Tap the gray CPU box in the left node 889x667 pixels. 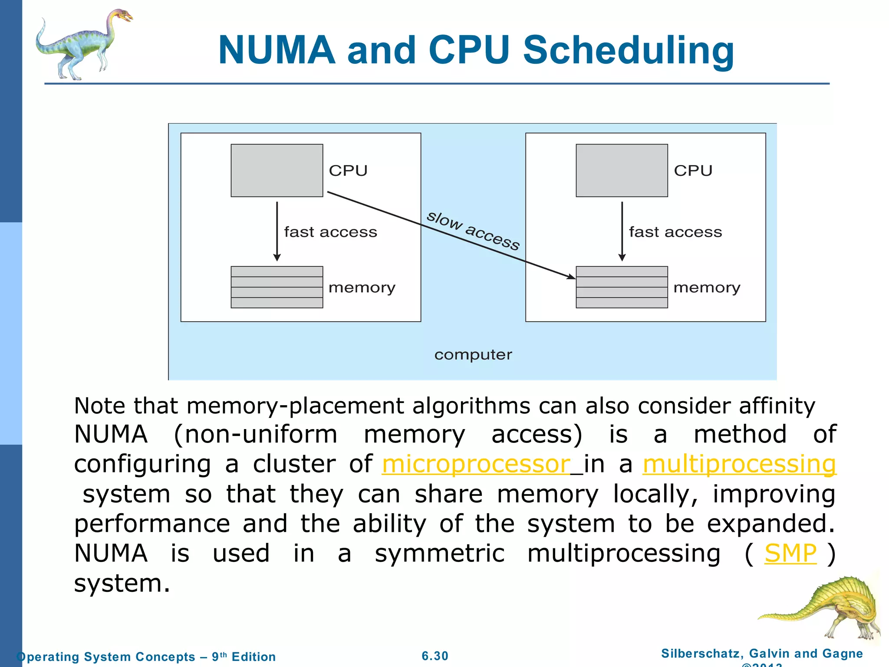pos(277,170)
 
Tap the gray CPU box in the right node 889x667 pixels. pos(621,170)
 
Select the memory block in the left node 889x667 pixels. pos(277,287)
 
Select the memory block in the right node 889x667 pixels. pos(621,287)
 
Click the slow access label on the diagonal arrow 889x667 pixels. pos(473,231)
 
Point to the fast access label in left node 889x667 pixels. pos(330,232)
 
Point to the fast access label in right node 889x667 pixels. pos(675,232)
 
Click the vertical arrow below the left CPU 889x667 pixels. pos(277,230)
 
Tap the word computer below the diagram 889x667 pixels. pos(473,355)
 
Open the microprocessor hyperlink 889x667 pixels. pos(476,464)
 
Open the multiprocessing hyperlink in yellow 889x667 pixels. pos(739,464)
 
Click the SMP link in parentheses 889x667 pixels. pos(790,553)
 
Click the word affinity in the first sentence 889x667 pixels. pos(777,406)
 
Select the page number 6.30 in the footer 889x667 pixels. pos(435,656)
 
